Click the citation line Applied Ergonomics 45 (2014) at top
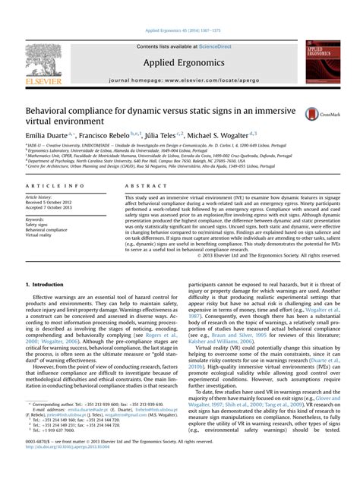(x=180, y=30)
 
